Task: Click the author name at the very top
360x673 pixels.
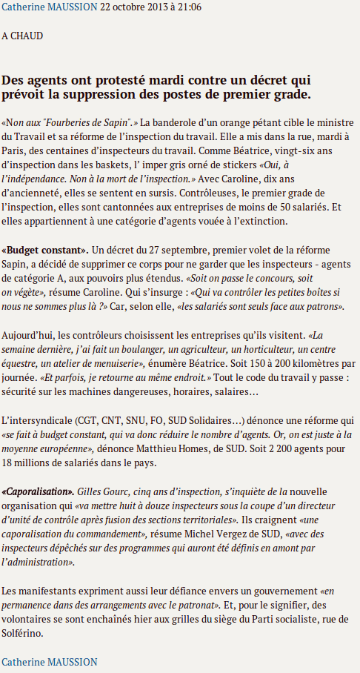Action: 49,7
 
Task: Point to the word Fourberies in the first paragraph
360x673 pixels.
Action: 73,122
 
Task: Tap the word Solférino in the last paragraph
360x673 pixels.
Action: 23,634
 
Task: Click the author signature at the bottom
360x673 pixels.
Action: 49,661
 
